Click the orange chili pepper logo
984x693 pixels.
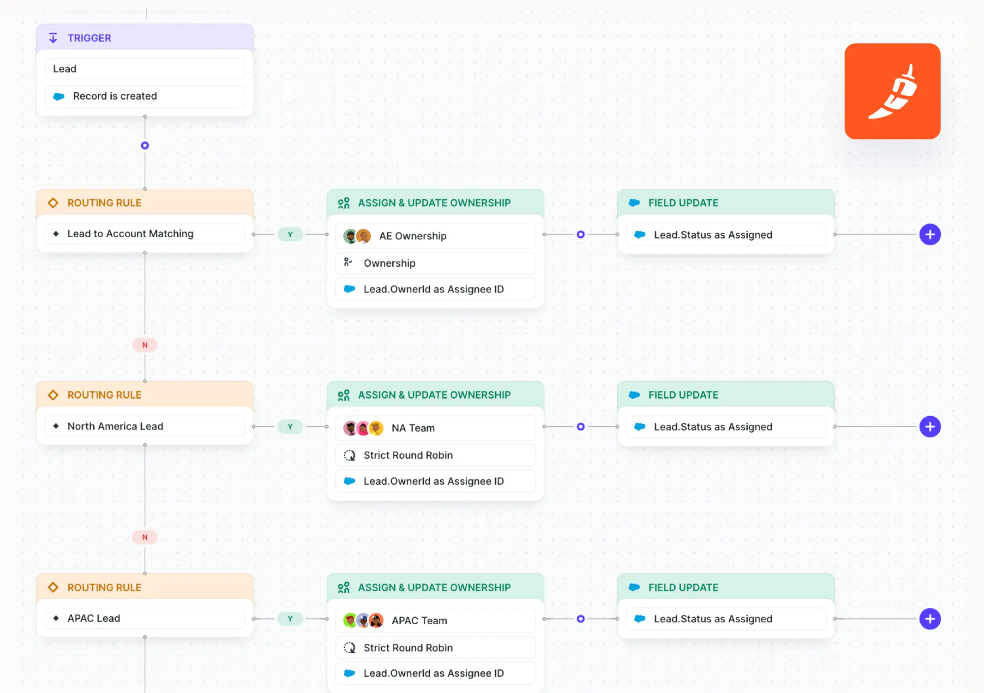(x=892, y=91)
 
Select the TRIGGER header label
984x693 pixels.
(x=89, y=38)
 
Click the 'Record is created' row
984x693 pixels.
(x=144, y=96)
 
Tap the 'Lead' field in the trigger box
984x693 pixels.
(x=144, y=69)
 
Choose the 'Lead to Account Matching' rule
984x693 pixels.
(x=144, y=233)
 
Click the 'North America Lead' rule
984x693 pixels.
(x=144, y=426)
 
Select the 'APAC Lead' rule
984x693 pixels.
(x=144, y=618)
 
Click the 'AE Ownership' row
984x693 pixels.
(x=435, y=236)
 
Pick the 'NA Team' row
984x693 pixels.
(x=435, y=428)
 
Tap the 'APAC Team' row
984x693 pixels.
(x=435, y=620)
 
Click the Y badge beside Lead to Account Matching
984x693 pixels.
(x=290, y=234)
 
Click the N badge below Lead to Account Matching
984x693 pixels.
(x=145, y=345)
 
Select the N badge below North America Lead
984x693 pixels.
(x=145, y=537)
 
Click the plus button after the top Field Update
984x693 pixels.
(x=930, y=234)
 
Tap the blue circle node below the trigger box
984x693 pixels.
(x=145, y=145)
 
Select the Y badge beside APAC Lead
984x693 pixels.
(x=290, y=619)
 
